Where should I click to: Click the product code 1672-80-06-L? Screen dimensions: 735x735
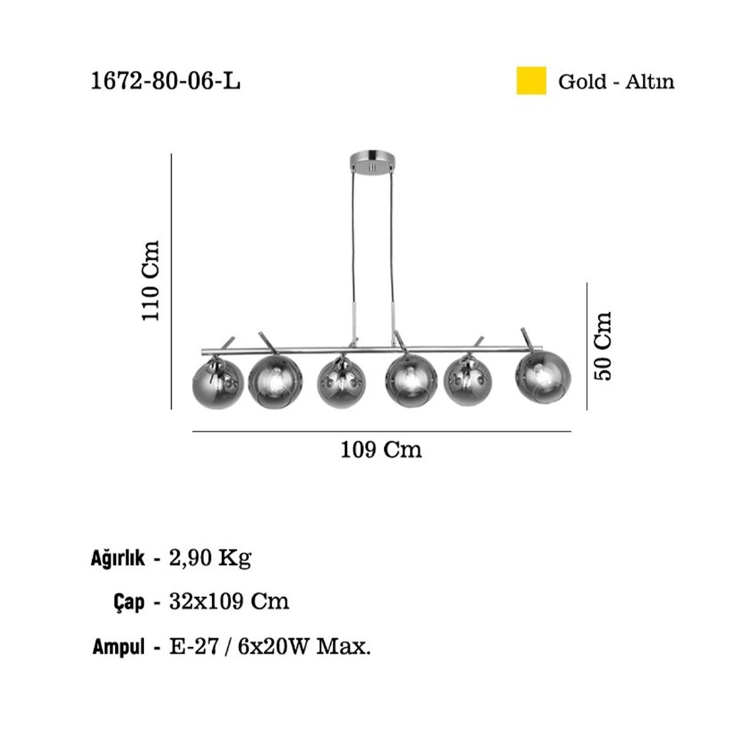pos(166,81)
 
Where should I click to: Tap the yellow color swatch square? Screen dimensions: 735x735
pos(531,81)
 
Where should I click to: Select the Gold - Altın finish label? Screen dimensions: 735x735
pos(616,82)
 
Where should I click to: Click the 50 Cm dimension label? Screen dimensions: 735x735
pos(603,346)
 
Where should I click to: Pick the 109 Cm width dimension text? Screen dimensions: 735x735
pos(381,450)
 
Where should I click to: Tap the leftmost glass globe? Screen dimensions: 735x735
pos(218,382)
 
